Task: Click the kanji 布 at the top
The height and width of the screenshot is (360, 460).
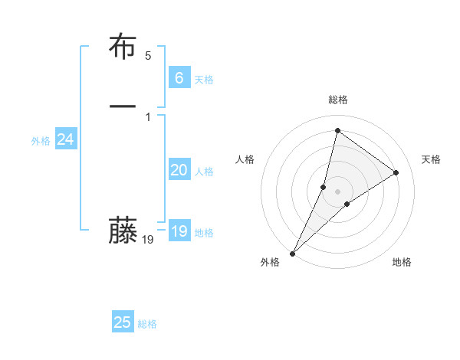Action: point(122,47)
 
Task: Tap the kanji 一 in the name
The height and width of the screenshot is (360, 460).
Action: point(122,106)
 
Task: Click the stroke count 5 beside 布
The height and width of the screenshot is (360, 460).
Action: point(148,55)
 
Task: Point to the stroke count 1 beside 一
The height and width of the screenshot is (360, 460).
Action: point(148,116)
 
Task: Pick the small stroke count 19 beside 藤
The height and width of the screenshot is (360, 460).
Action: point(148,240)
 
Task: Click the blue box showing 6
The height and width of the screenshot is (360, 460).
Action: point(179,77)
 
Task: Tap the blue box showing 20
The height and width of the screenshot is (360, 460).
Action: point(179,170)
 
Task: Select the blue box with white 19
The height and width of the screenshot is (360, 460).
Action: point(179,231)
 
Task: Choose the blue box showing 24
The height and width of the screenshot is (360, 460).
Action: point(65,139)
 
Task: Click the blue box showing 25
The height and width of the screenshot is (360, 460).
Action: point(123,322)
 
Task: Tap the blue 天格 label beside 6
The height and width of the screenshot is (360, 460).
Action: point(204,80)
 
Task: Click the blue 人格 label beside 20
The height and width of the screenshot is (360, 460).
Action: point(204,172)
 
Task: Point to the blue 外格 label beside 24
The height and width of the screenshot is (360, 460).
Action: point(41,141)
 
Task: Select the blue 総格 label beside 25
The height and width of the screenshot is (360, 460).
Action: point(147,324)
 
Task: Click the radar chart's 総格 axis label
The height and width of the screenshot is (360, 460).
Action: point(338,100)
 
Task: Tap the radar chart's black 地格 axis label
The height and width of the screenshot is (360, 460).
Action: point(402,262)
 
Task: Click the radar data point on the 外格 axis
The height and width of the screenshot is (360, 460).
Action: point(292,253)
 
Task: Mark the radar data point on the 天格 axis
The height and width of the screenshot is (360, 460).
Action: point(396,172)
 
